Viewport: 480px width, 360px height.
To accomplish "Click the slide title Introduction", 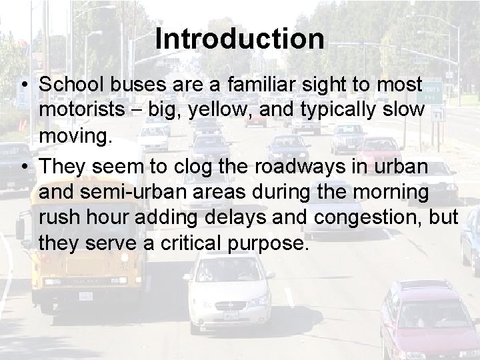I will pos(240,39).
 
